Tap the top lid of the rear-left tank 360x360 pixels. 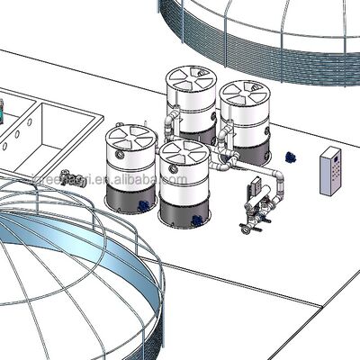pyautogui.click(x=192, y=79)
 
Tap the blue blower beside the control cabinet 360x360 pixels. pyautogui.click(x=290, y=156)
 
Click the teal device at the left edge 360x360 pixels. pyautogui.click(x=4, y=113)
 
